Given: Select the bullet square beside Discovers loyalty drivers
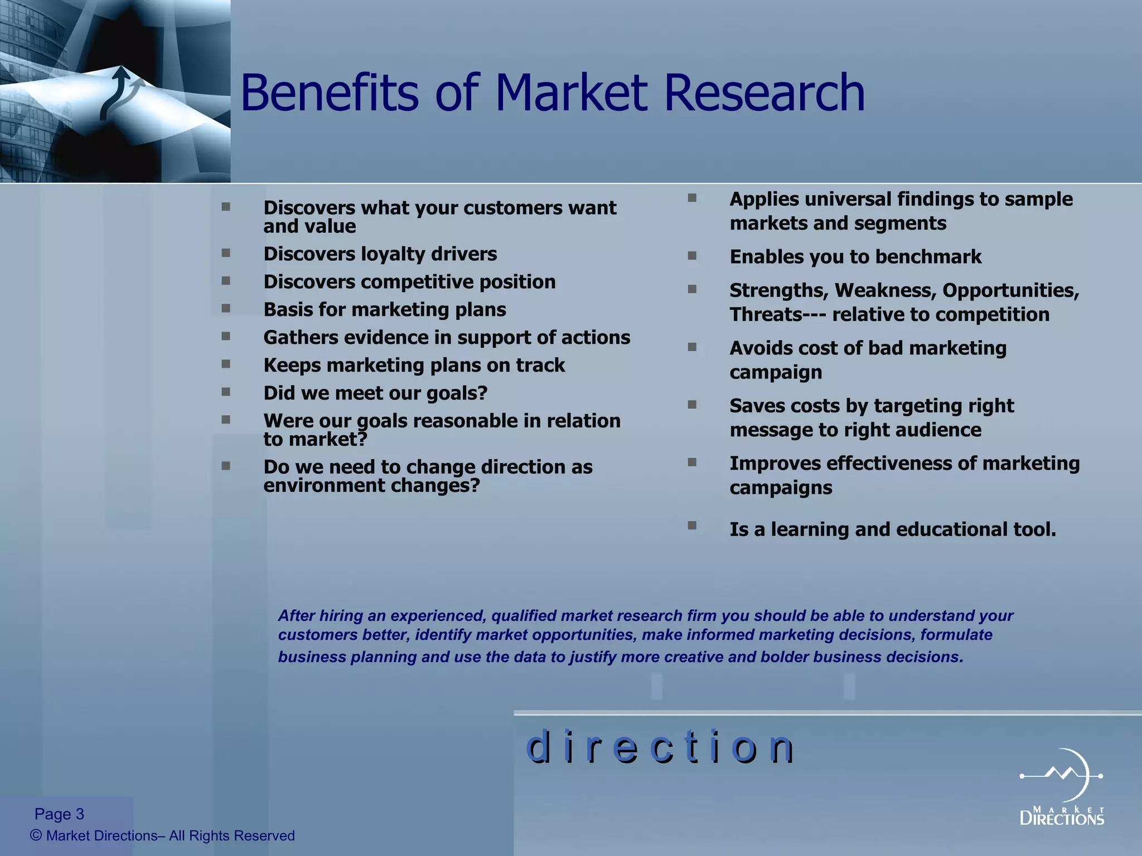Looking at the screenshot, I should pyautogui.click(x=226, y=253).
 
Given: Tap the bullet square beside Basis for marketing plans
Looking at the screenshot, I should pyautogui.click(x=226, y=309).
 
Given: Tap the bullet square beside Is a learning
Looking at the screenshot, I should pyautogui.click(x=692, y=526).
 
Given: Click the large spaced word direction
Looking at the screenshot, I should pyautogui.click(x=660, y=747).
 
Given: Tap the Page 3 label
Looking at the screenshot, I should pyautogui.click(x=59, y=814).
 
